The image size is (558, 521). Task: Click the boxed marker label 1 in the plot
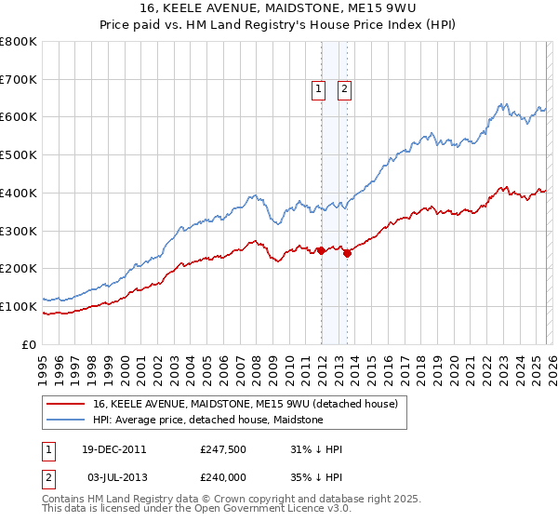318,89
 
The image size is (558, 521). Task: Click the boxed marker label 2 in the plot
344,89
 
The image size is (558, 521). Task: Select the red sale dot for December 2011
322,250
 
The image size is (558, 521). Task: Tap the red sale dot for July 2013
347,253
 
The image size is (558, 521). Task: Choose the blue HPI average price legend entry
207,420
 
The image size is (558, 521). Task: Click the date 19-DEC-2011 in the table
113,449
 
